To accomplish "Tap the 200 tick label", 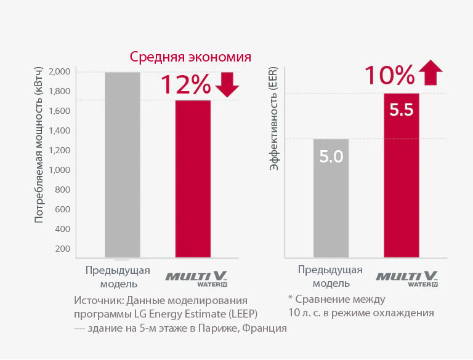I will [62, 249].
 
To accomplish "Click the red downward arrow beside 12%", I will [227, 85].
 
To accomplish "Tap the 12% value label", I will [185, 85].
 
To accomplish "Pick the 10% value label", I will [389, 74].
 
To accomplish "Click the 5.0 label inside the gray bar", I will [331, 156].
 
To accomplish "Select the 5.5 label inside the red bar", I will [401, 110].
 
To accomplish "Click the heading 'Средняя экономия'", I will [190, 57].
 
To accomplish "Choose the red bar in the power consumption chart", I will [193, 178].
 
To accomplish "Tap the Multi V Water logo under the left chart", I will [197, 279].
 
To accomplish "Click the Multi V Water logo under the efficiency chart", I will [406, 278].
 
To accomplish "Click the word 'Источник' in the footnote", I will [98, 301].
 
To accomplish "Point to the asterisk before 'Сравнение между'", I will [290, 298].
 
